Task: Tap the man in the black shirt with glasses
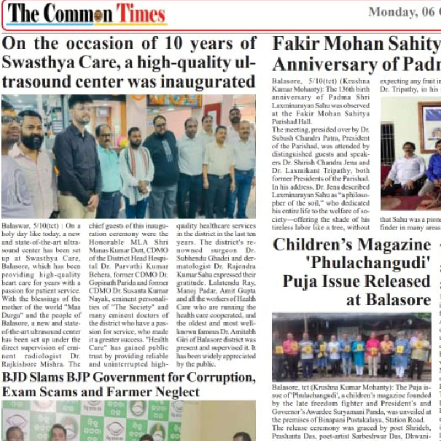[x=78, y=160]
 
